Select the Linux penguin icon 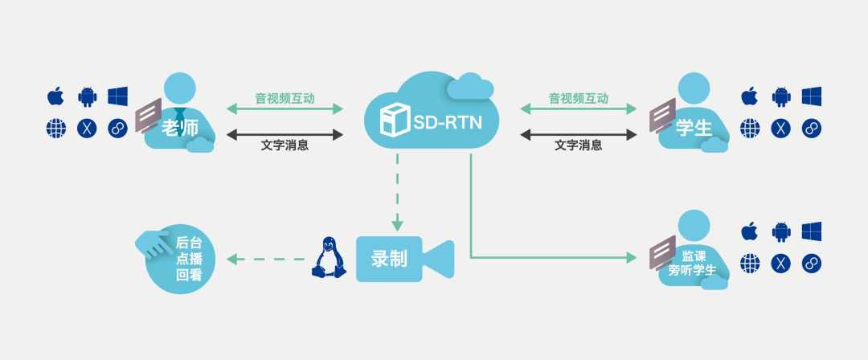(x=325, y=258)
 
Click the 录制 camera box (x=390, y=259)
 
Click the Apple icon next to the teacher (x=55, y=96)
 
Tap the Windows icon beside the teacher (x=117, y=96)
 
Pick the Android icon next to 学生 (x=780, y=96)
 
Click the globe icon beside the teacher (x=55, y=128)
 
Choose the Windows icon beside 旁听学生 (x=811, y=231)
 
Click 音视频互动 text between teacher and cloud (x=285, y=99)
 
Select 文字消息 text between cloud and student (x=578, y=145)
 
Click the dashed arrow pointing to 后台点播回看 (x=265, y=259)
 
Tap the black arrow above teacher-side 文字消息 (x=285, y=134)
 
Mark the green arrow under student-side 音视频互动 (x=578, y=108)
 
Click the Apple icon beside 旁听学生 (x=750, y=231)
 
